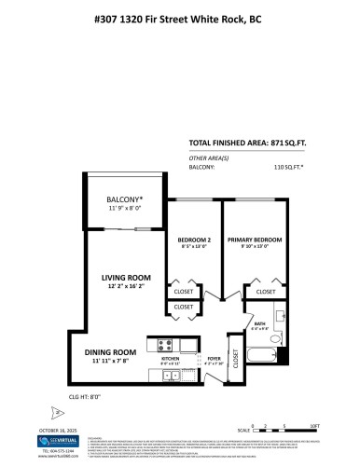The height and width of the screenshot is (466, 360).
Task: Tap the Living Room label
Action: [127, 277]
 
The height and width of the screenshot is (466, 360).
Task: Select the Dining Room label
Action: [112, 351]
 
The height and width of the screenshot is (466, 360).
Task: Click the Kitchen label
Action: [171, 359]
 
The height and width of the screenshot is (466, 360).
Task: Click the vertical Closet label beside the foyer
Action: [235, 360]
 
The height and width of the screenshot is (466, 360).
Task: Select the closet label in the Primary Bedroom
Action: [267, 291]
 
